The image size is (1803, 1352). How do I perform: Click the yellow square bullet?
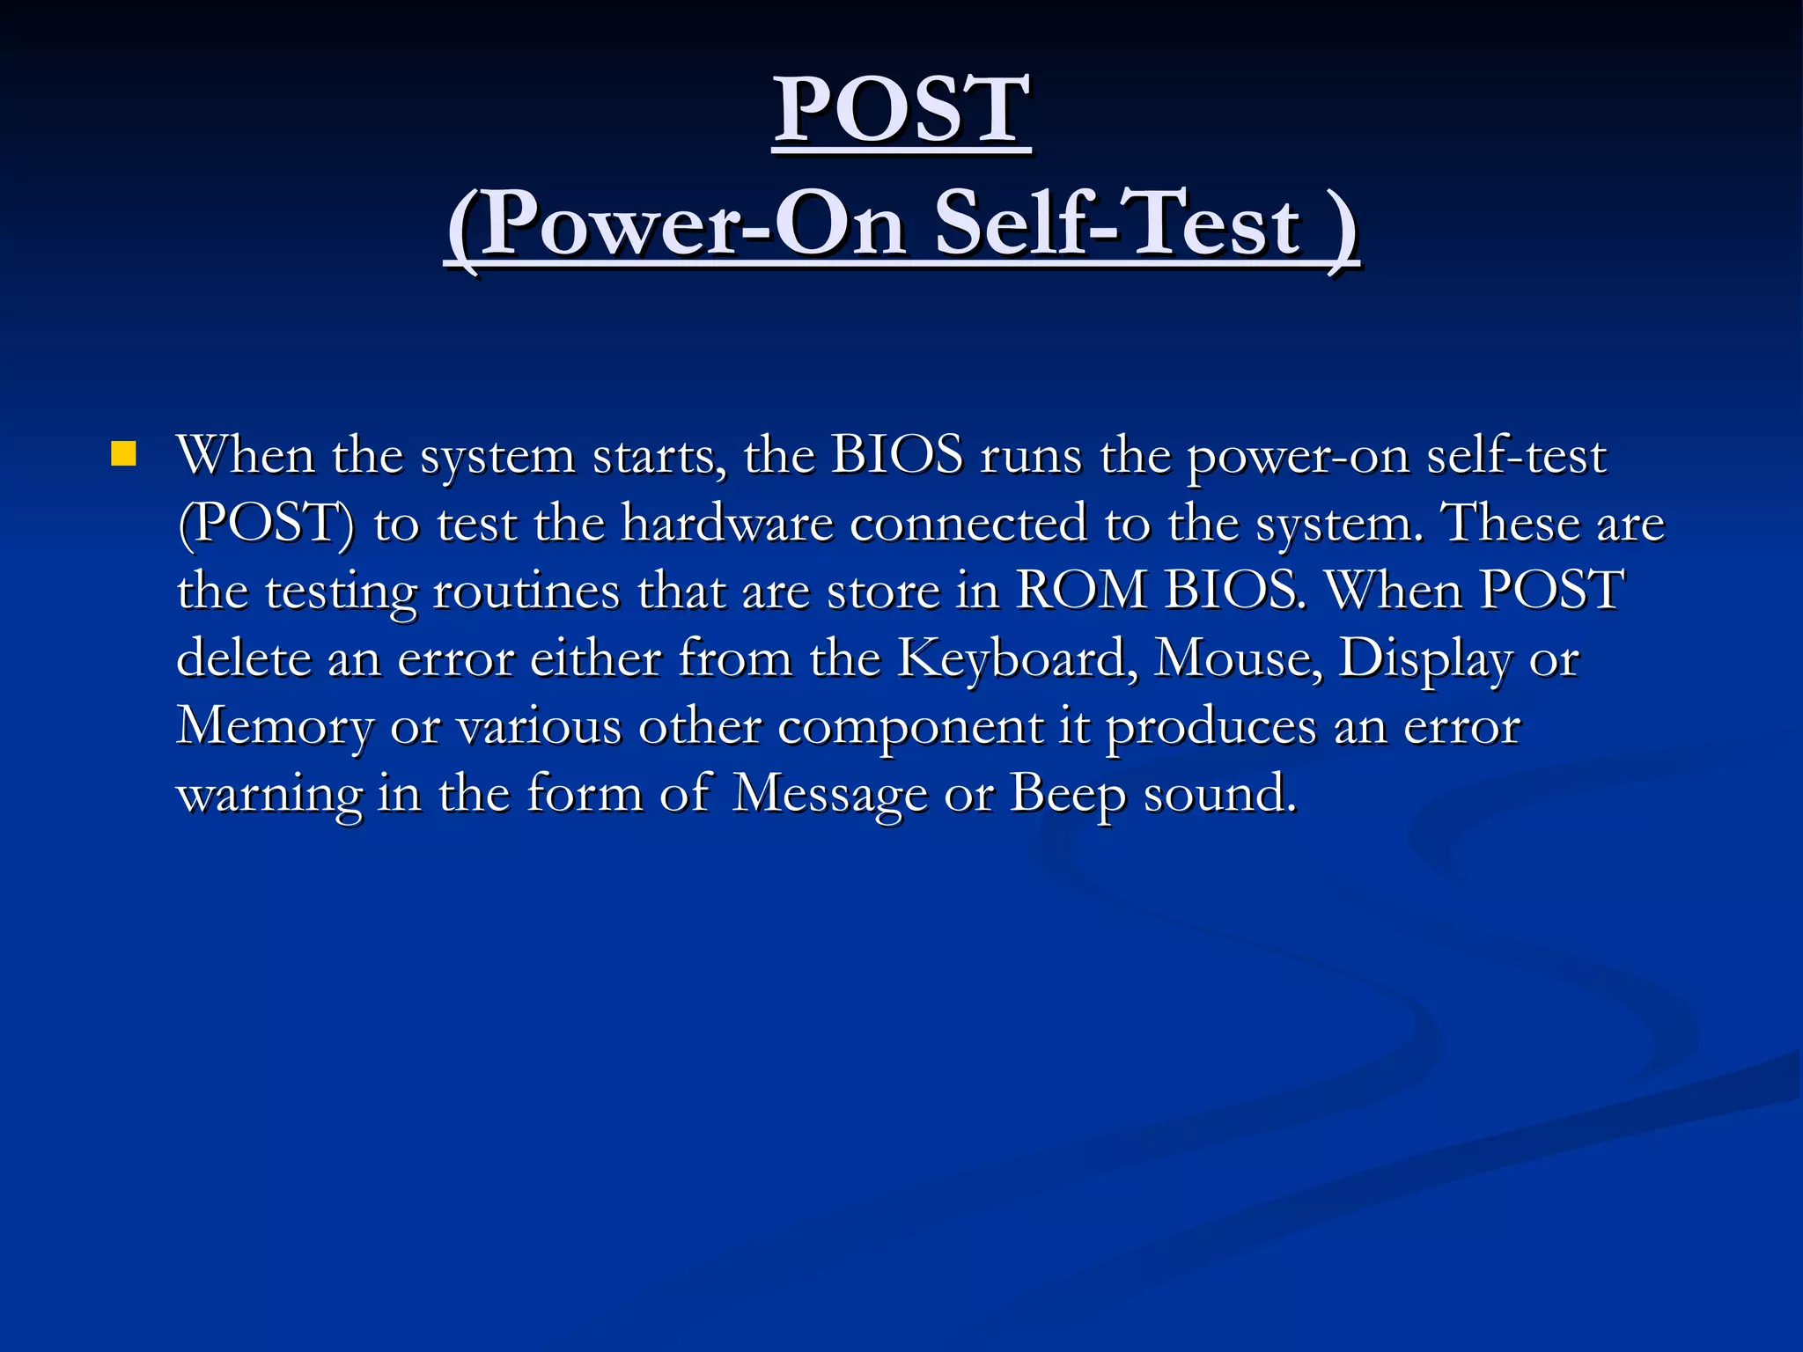coord(124,454)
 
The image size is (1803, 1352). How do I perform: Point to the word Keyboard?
coord(1012,658)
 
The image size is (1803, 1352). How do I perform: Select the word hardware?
coord(727,523)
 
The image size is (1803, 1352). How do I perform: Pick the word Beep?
coord(1067,794)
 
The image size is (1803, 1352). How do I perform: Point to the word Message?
coord(829,794)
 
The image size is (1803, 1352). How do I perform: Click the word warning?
coord(269,794)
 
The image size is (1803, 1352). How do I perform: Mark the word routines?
coord(526,591)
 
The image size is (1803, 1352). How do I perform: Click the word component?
coord(910,727)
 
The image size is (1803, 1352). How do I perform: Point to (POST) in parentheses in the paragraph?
coord(266,523)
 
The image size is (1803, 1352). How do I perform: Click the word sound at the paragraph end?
coord(1220,794)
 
